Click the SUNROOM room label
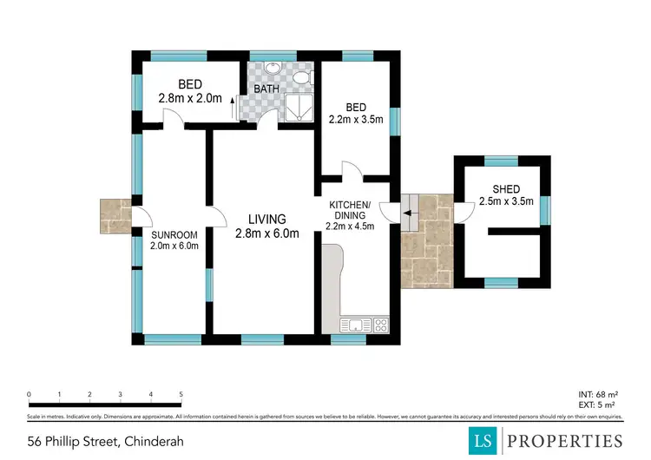coord(175,234)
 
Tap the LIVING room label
coord(266,219)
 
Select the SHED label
coord(506,189)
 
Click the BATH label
coord(266,89)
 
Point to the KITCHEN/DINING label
coord(350,210)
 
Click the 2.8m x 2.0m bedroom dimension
coord(190,98)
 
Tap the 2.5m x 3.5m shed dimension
coord(506,202)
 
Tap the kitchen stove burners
coord(382,325)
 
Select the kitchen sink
coord(357,325)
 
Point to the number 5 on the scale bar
coord(181,395)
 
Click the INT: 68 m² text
coord(598,395)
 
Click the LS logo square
coord(484,440)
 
